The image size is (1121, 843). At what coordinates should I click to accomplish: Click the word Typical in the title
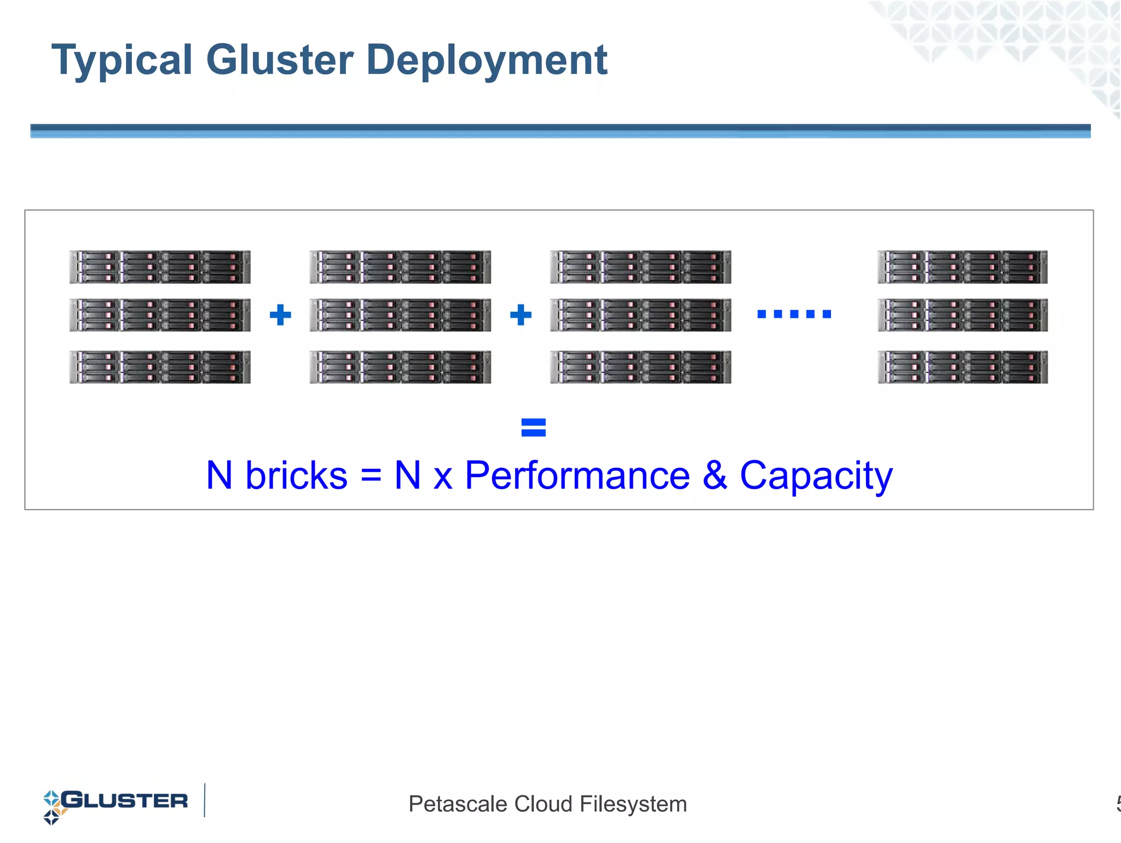[122, 60]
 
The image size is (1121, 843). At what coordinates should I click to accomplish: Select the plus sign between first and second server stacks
[280, 314]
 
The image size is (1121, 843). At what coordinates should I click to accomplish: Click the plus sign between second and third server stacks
[521, 314]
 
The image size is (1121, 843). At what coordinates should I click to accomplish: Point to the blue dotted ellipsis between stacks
[794, 314]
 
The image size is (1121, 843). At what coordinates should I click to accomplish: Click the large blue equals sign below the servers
[533, 427]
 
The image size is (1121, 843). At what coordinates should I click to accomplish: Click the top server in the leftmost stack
[160, 267]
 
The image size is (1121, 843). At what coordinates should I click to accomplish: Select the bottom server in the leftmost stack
[160, 366]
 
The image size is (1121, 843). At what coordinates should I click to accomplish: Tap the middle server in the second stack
[400, 315]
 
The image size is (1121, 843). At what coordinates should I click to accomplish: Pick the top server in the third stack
[640, 267]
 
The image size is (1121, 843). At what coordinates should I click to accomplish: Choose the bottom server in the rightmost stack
[962, 366]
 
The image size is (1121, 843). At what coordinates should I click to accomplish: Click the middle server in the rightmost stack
[962, 315]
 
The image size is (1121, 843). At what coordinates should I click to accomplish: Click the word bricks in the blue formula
[296, 475]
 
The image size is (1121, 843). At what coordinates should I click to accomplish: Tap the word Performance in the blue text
[577, 475]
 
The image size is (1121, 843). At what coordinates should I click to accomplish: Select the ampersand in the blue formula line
[715, 475]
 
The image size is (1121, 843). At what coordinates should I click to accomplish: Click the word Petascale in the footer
[458, 804]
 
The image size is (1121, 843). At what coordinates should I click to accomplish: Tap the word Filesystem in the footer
[633, 804]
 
